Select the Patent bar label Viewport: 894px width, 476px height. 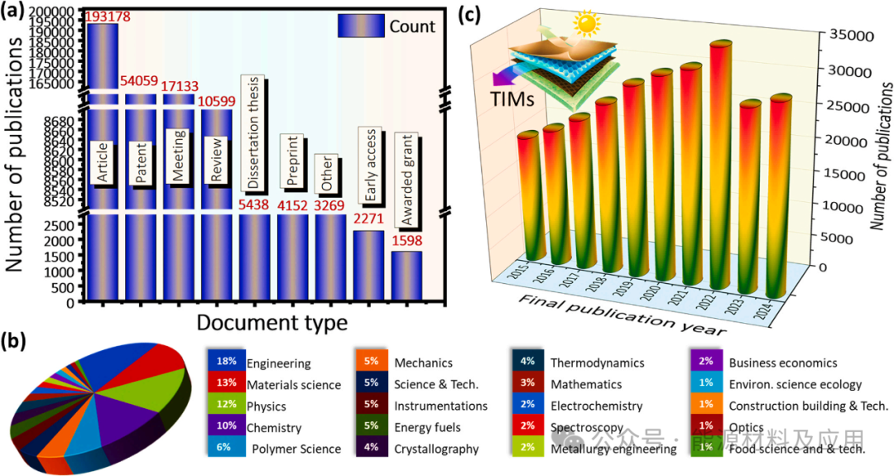[x=141, y=164]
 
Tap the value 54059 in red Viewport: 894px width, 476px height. [x=140, y=81]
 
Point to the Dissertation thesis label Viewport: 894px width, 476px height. [x=254, y=132]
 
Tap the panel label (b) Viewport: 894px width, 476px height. [x=19, y=339]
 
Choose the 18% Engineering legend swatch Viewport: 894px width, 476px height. [x=225, y=362]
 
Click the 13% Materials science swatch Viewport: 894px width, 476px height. [x=225, y=383]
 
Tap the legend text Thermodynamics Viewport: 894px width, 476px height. [x=597, y=363]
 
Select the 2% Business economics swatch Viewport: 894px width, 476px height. [x=705, y=362]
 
